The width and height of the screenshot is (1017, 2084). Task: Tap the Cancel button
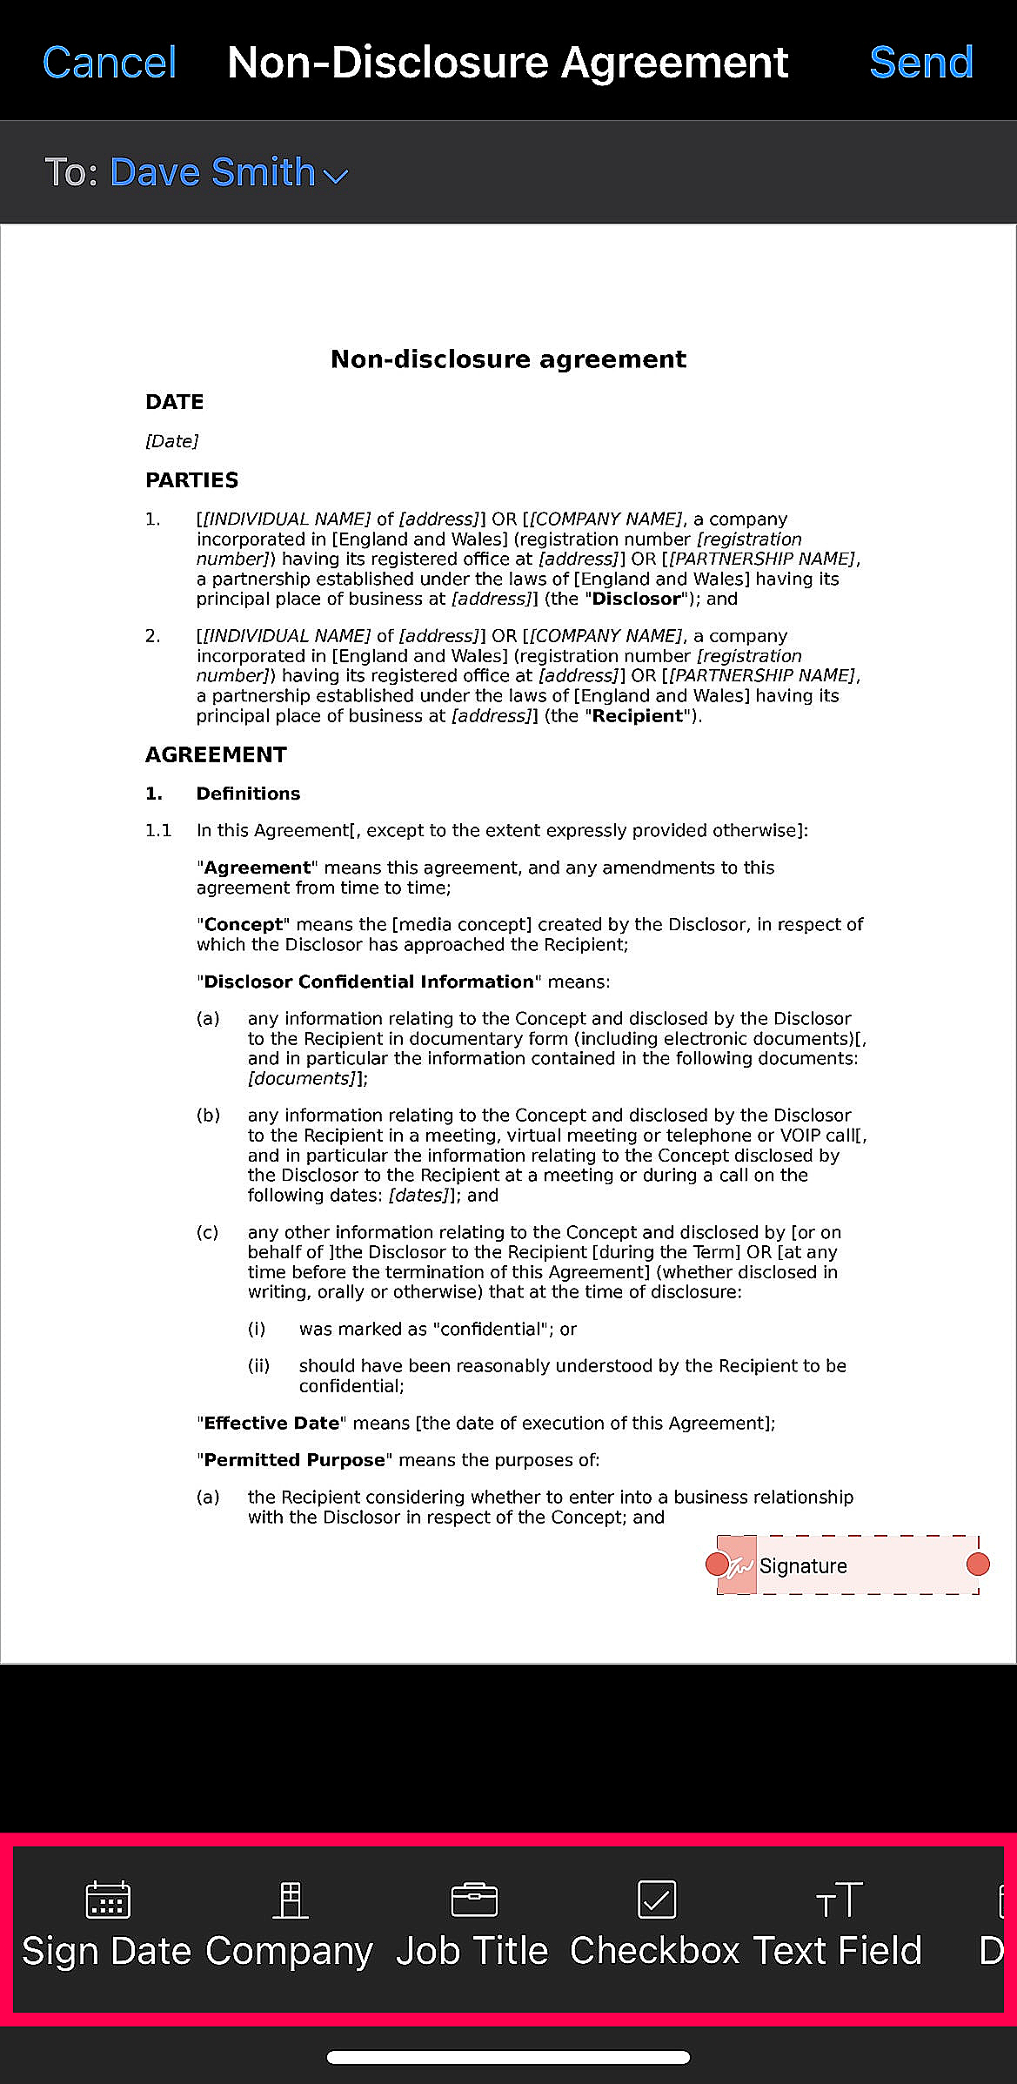coord(110,63)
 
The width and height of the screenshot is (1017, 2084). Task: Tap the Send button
coord(920,63)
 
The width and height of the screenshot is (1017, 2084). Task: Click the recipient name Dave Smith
coord(212,172)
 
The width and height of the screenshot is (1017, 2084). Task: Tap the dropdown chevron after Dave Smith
coord(336,176)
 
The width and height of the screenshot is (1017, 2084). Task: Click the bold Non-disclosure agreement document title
coord(508,359)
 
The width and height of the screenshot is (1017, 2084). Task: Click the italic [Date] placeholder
coord(171,441)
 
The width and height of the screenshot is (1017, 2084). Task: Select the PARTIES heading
coord(191,480)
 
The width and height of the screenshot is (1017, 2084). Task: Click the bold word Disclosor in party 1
coord(636,599)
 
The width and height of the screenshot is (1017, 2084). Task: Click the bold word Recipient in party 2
coord(638,716)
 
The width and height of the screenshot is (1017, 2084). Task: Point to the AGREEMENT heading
coord(216,754)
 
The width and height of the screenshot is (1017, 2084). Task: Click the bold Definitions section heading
coord(248,794)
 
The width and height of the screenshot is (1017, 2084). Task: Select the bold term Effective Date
coord(271,1423)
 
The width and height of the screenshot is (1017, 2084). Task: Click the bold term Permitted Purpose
coord(294,1459)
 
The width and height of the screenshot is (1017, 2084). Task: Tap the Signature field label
coord(803,1565)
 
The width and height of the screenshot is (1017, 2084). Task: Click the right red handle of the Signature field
coord(978,1565)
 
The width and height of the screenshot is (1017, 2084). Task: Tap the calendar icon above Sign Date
coord(108,1899)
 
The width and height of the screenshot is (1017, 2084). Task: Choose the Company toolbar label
coord(289,1951)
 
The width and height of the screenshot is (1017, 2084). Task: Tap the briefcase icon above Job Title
coord(474,1900)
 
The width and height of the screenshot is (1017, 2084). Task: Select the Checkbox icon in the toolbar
coord(657,1899)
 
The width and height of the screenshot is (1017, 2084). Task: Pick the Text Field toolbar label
coord(837,1951)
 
